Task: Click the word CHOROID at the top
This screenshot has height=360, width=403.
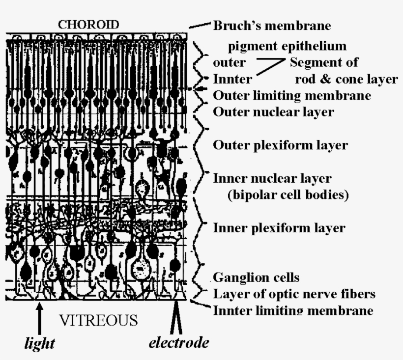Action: [x=88, y=25]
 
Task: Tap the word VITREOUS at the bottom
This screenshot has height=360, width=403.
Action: [x=99, y=320]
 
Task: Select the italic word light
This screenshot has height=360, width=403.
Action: [x=40, y=343]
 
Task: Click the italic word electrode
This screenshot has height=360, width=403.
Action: [x=179, y=342]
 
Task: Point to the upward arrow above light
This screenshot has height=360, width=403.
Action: [x=39, y=318]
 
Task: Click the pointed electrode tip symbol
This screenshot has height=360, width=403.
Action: [x=176, y=317]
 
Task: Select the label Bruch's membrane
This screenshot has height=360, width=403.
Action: [x=272, y=26]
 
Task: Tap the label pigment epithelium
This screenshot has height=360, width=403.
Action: [x=288, y=47]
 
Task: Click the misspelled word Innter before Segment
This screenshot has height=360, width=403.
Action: [x=232, y=79]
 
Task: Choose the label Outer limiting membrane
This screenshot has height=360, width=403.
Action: [x=292, y=96]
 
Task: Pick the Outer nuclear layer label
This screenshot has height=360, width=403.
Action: [x=273, y=112]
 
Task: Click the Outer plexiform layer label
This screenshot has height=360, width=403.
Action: [x=281, y=145]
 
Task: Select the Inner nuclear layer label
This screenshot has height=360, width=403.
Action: [x=272, y=178]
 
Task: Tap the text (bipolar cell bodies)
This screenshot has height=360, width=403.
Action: [x=288, y=195]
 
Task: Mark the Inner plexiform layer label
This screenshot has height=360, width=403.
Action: [x=279, y=228]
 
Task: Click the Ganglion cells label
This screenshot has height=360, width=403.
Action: [x=256, y=277]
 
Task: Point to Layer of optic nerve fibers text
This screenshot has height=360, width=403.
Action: [x=294, y=294]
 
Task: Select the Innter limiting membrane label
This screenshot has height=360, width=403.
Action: [x=293, y=310]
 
